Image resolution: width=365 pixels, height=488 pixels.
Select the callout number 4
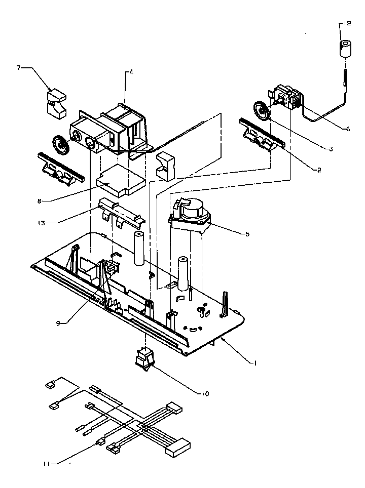[131, 72]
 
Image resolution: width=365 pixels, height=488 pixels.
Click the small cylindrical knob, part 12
[345, 50]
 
